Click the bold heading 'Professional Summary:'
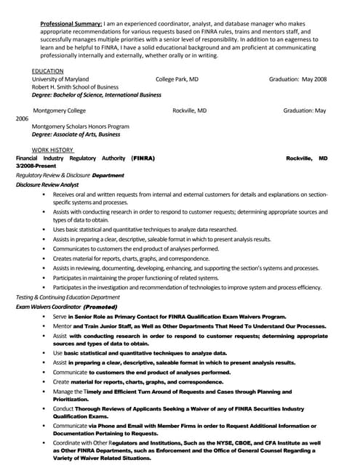click(x=71, y=24)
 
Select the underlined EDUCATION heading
click(x=47, y=70)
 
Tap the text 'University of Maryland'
click(x=60, y=78)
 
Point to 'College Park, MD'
click(x=177, y=78)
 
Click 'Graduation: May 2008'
click(x=297, y=78)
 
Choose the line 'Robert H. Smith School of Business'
click(x=75, y=86)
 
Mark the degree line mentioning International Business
click(x=97, y=94)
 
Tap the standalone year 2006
click(x=23, y=118)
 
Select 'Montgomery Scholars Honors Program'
click(x=80, y=126)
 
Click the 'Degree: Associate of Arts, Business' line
click(x=76, y=134)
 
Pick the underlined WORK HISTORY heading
click(x=52, y=150)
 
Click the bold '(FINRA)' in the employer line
click(x=143, y=158)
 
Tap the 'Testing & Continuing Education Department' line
click(x=68, y=297)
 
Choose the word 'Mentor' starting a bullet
click(x=63, y=326)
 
